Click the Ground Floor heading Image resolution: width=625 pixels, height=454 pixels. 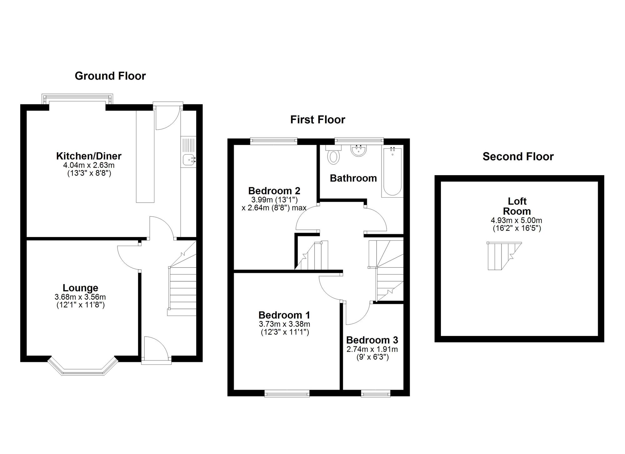pos(110,76)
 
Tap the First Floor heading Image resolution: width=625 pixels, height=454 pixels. pos(317,120)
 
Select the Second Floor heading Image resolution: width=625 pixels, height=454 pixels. pos(518,156)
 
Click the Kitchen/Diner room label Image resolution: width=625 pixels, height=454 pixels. pos(89,156)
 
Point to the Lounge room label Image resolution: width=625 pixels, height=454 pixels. pos(80,288)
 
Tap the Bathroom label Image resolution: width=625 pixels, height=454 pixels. pos(353,178)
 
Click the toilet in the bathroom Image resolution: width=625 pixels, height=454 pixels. pos(333,155)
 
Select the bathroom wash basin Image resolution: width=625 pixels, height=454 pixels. pos(358,150)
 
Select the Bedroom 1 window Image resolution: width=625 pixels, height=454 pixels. pos(287,393)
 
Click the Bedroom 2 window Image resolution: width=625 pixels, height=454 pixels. pos(274,141)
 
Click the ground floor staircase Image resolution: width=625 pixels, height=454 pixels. pos(182,278)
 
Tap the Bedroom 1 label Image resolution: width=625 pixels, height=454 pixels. pos(284,315)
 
